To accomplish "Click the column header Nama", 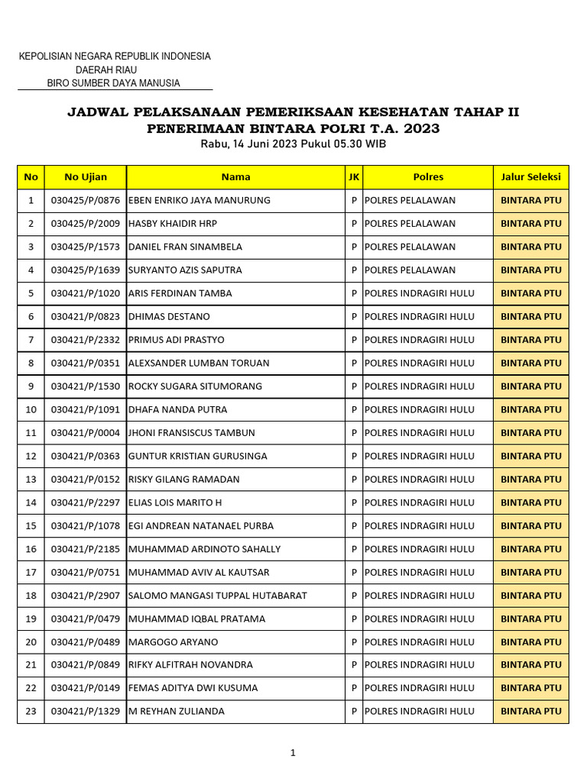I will [235, 177].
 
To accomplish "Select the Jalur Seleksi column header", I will [530, 177].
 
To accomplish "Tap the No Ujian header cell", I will [86, 177].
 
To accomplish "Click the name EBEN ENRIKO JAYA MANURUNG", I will [199, 201].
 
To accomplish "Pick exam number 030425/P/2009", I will [86, 224].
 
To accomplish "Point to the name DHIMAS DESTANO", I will [169, 317].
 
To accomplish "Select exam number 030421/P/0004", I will [86, 433].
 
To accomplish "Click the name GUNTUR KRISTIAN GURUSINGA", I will [198, 456].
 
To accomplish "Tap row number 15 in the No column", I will [31, 526].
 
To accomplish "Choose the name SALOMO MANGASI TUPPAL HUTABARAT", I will [218, 596].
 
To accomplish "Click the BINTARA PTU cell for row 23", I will [530, 712].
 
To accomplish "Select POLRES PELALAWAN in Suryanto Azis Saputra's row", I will [410, 270].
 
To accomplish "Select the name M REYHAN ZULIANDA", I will [177, 712].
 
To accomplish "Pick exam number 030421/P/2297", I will [86, 502].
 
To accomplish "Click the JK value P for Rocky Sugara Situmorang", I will [354, 386].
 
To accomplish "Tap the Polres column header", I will [428, 177].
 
